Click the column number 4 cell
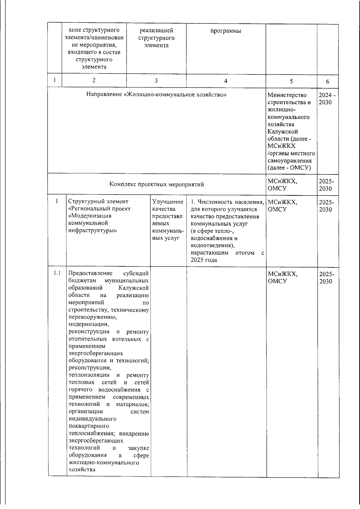click(226, 81)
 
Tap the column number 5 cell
click(291, 81)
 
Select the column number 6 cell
click(328, 81)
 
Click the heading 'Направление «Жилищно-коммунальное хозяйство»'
click(156, 95)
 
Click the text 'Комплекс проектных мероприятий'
click(156, 184)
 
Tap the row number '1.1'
click(57, 273)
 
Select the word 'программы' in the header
click(226, 31)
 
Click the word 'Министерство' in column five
click(287, 95)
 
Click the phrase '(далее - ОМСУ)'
click(289, 168)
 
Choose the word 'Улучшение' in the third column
click(168, 202)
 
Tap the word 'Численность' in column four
click(215, 202)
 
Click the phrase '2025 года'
click(204, 260)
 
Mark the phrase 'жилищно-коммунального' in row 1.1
click(104, 463)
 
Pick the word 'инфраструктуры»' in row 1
click(93, 231)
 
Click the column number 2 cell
click(94, 80)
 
